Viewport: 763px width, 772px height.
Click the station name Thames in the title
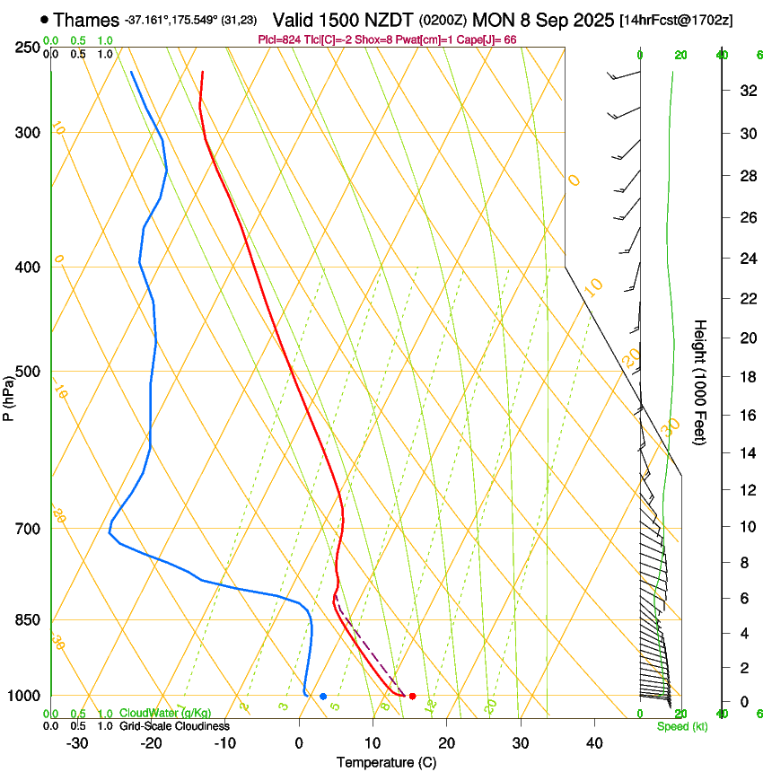(86, 19)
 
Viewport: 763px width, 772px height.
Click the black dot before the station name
(45, 19)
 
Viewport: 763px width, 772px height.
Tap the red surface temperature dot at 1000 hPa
(412, 696)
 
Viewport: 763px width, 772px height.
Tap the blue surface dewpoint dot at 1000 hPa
(323, 696)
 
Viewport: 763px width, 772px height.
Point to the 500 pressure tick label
(28, 372)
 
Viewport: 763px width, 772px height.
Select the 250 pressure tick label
(28, 47)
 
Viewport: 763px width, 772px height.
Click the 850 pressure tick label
(28, 620)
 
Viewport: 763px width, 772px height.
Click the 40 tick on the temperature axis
(594, 742)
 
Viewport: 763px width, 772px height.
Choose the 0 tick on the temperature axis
(299, 742)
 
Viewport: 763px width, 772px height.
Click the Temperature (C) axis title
(386, 762)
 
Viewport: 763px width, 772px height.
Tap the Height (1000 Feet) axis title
(701, 382)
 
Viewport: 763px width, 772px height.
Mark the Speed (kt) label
(681, 726)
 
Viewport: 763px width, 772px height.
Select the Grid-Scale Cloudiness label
(174, 726)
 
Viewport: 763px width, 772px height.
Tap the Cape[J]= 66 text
(484, 39)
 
